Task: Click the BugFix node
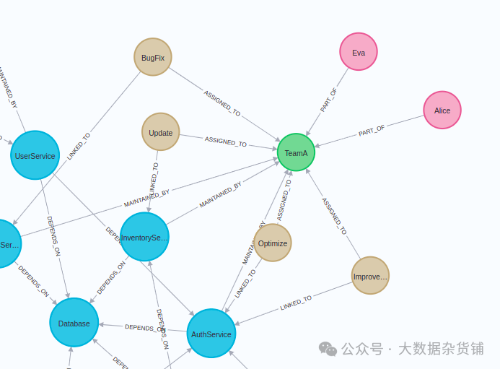point(153,57)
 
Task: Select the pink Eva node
point(359,52)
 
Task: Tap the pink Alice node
point(442,110)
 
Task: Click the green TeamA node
point(296,152)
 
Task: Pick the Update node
point(161,132)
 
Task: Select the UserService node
point(35,155)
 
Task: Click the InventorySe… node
point(144,237)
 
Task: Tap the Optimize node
point(273,243)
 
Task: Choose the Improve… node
point(370,276)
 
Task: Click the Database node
point(74,323)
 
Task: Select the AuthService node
point(211,334)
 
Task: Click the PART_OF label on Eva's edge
point(329,100)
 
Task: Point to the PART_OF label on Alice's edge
point(372,131)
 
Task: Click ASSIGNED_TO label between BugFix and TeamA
point(222,103)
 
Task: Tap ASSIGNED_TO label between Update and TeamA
point(226,142)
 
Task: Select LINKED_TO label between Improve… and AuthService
point(296,303)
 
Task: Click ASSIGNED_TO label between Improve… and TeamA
point(334,216)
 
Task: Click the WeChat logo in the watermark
point(328,350)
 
